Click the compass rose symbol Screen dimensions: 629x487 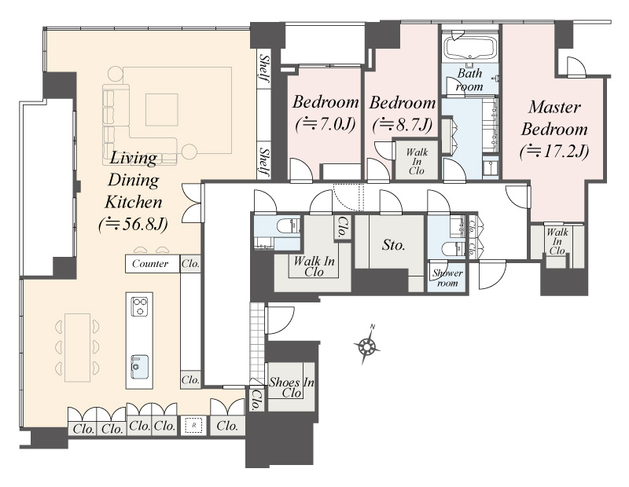366,345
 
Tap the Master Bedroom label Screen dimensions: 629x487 554,119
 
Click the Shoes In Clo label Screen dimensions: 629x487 291,387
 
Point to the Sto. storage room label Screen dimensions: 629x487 393,244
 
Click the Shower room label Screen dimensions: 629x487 447,278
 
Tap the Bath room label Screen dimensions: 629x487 469,80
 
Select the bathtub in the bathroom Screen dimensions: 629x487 469,47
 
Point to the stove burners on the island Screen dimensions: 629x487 140,306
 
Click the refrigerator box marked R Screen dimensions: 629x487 193,425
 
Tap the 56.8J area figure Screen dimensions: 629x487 133,225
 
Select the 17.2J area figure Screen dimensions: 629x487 554,152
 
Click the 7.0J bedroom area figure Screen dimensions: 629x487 326,124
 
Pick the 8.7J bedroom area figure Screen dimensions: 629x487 403,125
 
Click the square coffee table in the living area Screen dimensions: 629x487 162,109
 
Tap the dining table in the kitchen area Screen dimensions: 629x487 77,347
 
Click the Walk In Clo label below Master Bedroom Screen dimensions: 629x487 557,241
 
